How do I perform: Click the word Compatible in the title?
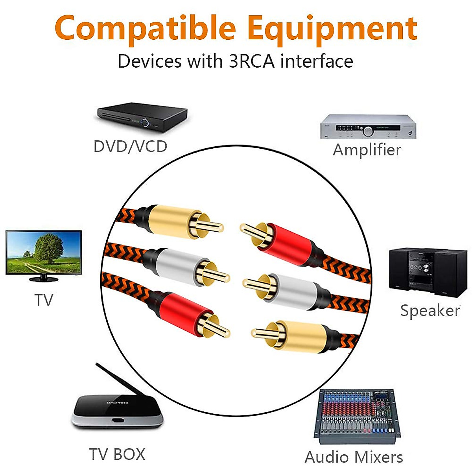[146, 28]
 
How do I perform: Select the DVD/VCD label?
[130, 147]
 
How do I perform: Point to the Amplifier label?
[367, 150]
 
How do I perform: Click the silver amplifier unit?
[368, 126]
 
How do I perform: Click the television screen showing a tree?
[43, 252]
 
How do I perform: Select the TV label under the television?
[43, 300]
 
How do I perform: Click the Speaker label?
[430, 311]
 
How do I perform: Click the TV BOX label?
[117, 454]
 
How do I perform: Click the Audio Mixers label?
[354, 457]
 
